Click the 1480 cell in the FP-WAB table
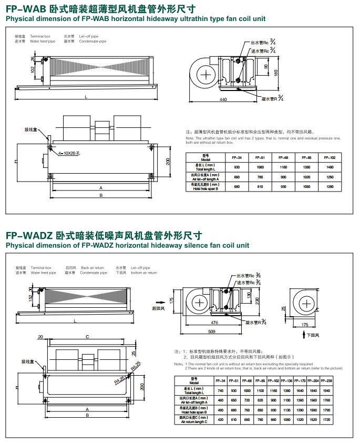[x=330, y=167]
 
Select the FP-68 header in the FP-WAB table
[x=283, y=157]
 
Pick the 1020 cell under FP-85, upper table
[x=306, y=177]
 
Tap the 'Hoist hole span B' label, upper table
[x=206, y=186]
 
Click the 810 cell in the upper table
[x=260, y=186]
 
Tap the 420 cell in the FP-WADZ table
[x=220, y=420]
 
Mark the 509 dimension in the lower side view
[x=211, y=331]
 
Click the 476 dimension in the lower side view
[x=214, y=322]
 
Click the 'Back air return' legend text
[x=92, y=268]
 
